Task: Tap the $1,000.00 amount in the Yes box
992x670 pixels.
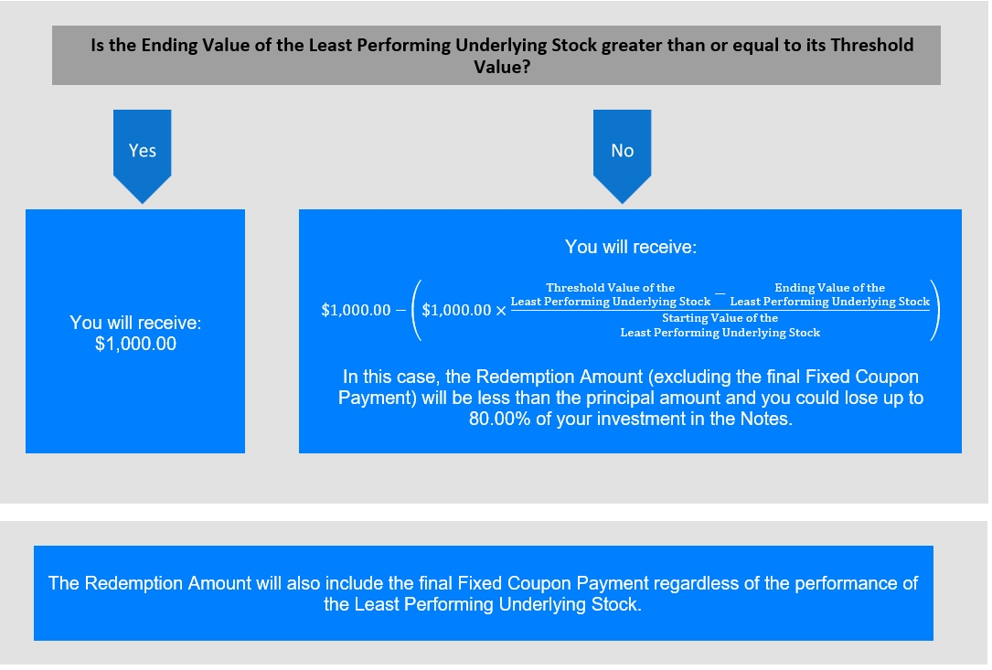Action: [135, 345]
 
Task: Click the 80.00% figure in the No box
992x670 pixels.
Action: [499, 419]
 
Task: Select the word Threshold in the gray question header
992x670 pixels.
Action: [872, 45]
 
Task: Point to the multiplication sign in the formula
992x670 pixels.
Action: [501, 311]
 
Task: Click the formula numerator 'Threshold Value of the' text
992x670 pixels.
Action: [611, 287]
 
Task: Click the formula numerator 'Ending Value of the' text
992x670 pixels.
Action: [829, 287]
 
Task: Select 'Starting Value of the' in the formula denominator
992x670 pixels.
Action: [720, 317]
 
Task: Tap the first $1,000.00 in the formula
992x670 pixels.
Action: [356, 310]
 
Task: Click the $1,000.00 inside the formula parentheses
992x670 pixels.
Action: [456, 310]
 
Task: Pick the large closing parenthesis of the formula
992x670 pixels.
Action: [935, 310]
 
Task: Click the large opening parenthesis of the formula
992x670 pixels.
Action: [416, 310]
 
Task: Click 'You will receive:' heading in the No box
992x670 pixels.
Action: [631, 247]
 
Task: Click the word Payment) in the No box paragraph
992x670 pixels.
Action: [377, 398]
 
